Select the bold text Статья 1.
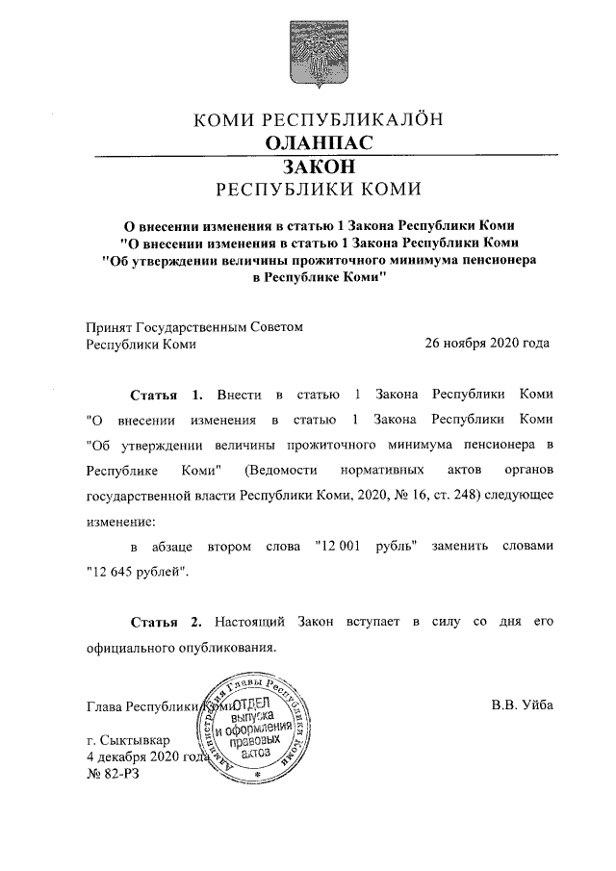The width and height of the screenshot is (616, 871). [167, 396]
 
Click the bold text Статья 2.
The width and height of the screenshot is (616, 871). [167, 622]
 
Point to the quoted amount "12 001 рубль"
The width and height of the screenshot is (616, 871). [365, 547]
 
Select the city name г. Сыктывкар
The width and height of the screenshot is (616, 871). [127, 740]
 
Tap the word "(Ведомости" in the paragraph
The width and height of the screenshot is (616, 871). [282, 471]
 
